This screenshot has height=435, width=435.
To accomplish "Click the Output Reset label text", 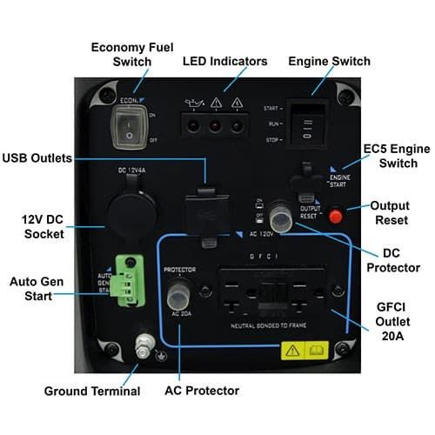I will pyautogui.click(x=390, y=214).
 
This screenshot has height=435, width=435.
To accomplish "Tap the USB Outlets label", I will pyautogui.click(x=39, y=158).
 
